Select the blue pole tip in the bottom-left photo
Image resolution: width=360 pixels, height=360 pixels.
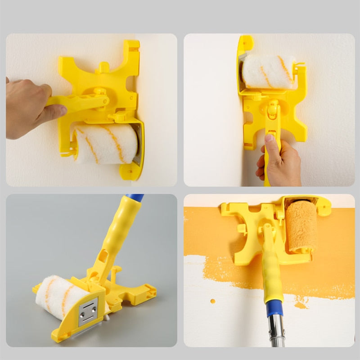click(x=135, y=197)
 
